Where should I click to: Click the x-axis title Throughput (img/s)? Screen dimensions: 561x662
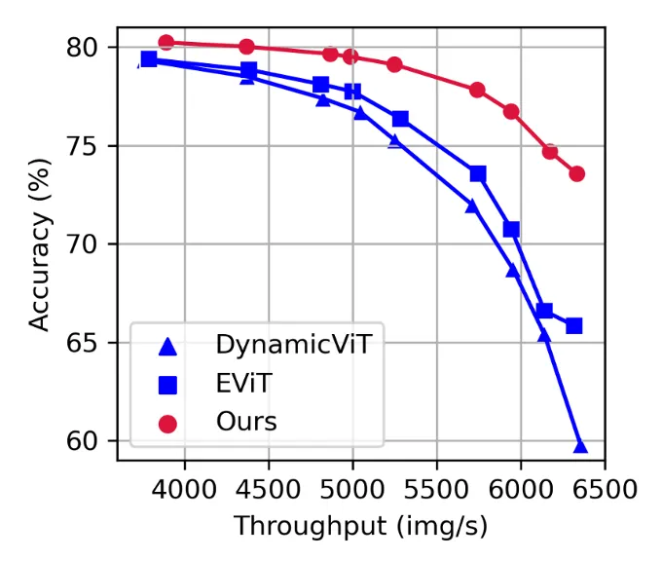point(360,527)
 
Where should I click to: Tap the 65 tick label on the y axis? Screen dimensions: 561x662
point(92,343)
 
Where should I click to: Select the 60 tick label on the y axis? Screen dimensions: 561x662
point(92,441)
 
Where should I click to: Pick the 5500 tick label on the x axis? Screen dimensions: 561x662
point(436,484)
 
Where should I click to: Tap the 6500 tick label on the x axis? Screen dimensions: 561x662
point(605,484)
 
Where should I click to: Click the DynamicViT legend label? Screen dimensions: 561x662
point(293,345)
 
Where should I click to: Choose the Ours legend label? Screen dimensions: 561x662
point(246,423)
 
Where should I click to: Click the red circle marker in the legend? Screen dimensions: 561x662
point(167,424)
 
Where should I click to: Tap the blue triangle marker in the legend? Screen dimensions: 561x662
point(167,345)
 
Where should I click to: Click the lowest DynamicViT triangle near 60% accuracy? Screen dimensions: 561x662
point(580,446)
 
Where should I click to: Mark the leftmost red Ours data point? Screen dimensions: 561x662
point(166,42)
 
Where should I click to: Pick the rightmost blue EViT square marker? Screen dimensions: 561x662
point(574,325)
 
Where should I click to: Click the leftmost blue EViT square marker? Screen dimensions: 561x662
point(149,59)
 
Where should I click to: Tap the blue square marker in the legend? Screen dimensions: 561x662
point(167,385)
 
